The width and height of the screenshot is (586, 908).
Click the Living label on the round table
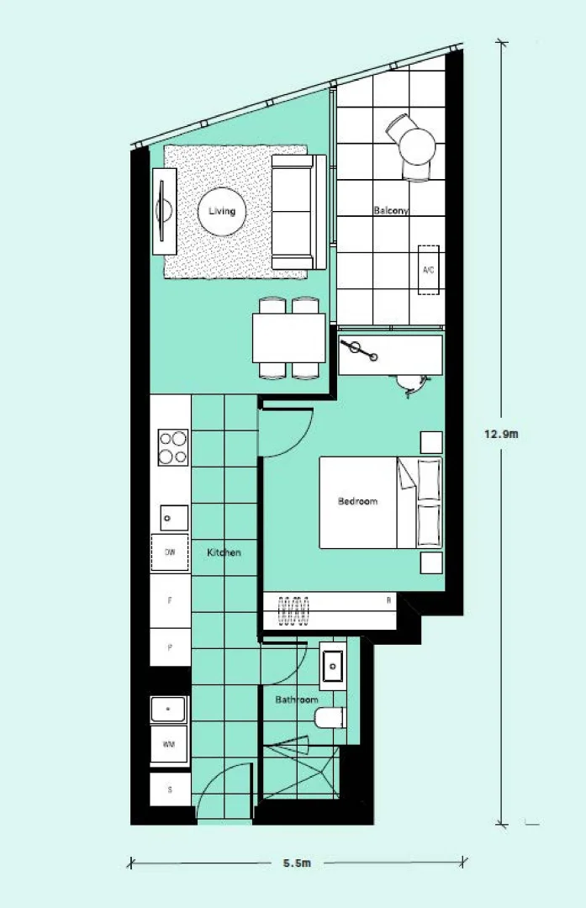click(222, 212)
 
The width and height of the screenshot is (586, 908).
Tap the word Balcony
click(390, 211)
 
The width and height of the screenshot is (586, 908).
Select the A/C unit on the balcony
click(428, 270)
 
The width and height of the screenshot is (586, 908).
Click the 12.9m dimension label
click(501, 435)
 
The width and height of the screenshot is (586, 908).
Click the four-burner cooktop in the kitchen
click(172, 447)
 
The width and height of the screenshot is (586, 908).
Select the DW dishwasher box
click(170, 552)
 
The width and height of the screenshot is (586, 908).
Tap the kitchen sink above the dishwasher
click(173, 517)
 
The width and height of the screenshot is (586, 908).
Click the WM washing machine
click(169, 745)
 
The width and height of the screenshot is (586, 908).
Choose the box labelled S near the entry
click(170, 789)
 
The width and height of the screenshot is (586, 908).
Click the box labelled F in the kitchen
click(170, 601)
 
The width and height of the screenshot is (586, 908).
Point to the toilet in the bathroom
click(329, 718)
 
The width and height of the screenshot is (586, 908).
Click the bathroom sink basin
click(334, 666)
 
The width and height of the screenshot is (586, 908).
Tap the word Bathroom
click(297, 699)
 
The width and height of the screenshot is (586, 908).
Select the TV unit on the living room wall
click(165, 210)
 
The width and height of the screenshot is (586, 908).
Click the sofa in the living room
click(293, 211)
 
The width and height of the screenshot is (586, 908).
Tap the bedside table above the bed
click(431, 442)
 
